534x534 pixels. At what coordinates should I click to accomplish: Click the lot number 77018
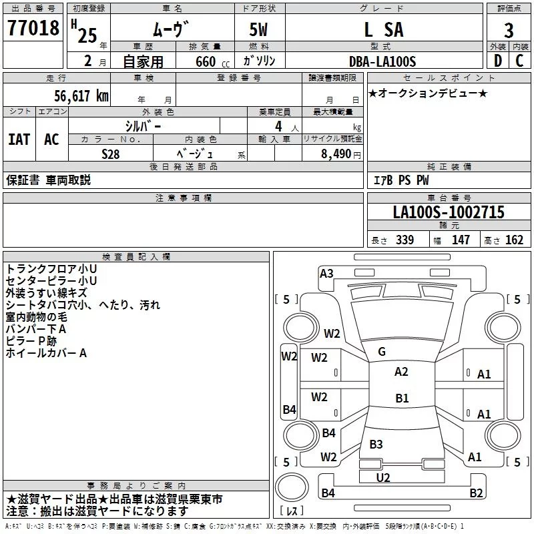(34, 29)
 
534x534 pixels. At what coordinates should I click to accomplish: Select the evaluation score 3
(509, 30)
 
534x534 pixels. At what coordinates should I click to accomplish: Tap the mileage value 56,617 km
(74, 95)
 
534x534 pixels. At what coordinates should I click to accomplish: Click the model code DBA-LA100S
(382, 61)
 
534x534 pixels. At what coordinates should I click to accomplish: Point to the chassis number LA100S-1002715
(449, 213)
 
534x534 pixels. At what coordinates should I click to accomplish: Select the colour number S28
(111, 153)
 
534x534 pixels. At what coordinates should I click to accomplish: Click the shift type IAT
(19, 140)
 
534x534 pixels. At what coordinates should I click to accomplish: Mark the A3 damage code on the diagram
(326, 273)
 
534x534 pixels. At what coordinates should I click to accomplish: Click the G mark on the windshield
(382, 352)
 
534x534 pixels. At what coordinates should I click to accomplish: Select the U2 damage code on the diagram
(383, 477)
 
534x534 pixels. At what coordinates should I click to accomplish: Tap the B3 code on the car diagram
(376, 445)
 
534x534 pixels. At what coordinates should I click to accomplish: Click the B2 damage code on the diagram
(476, 493)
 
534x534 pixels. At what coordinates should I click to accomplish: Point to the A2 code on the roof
(401, 372)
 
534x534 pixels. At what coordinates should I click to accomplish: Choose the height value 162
(514, 240)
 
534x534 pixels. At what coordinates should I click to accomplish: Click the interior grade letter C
(519, 61)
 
